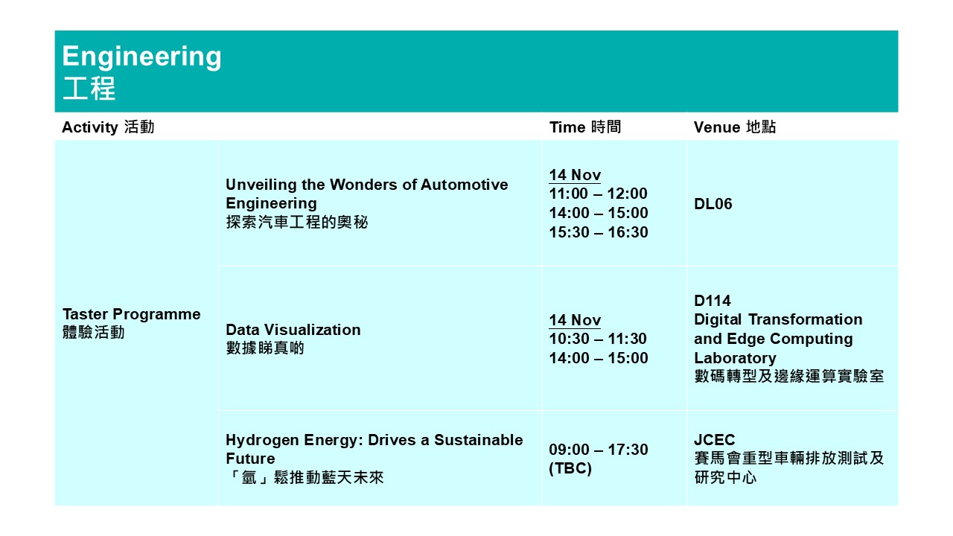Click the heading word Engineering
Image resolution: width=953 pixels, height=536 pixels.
tap(141, 57)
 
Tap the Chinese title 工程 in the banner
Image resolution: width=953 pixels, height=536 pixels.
tap(89, 89)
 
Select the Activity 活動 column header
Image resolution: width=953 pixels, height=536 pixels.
tap(108, 127)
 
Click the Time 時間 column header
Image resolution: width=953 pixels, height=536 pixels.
tap(585, 127)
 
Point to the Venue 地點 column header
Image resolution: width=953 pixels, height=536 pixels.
tap(735, 127)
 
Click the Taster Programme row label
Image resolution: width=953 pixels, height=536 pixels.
tap(132, 314)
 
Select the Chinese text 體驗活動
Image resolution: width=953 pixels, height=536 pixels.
tap(94, 332)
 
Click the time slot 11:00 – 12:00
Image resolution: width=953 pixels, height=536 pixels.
tap(598, 194)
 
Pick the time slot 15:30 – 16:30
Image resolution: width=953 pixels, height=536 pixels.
tap(598, 232)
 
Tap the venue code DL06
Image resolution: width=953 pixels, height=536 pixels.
tap(713, 204)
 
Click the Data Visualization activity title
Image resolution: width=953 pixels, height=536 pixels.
tap(293, 330)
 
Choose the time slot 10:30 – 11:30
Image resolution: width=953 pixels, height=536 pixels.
tap(598, 339)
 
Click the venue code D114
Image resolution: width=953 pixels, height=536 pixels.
tap(713, 301)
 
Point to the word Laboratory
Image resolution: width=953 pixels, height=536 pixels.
tap(735, 358)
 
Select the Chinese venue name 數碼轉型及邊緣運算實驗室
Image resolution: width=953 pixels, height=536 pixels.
tap(789, 376)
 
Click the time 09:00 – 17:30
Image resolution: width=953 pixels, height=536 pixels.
tap(598, 450)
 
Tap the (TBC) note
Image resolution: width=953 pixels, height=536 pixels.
tap(570, 468)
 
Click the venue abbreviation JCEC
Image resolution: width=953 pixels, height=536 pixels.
tap(714, 439)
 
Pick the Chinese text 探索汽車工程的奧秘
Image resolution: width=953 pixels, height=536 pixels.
tap(297, 222)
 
